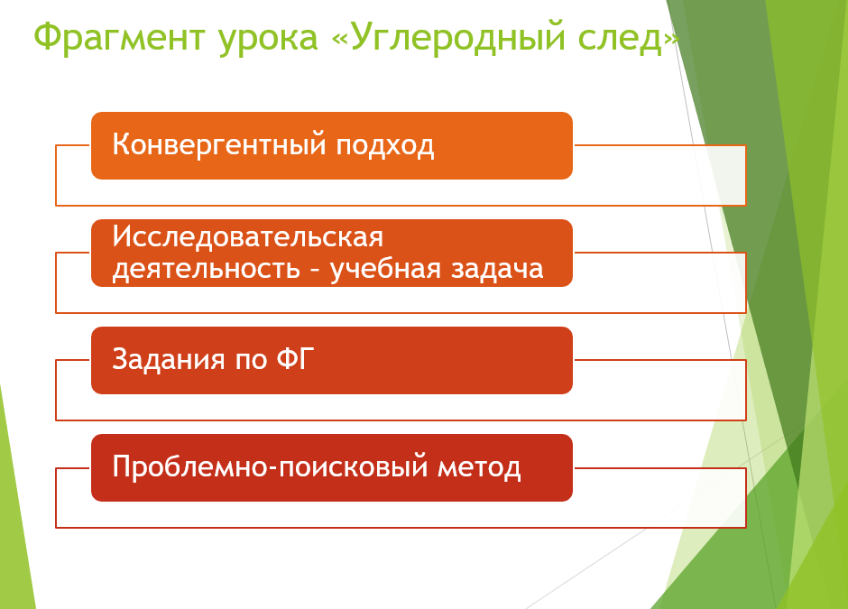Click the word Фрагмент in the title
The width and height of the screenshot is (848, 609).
118,38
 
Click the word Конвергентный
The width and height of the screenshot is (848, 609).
219,145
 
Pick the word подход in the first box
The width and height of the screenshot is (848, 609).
384,146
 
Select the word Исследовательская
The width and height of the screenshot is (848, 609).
248,237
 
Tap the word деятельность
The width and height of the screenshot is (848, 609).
206,269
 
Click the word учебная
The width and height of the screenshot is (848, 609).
385,268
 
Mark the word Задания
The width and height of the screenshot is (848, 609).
168,360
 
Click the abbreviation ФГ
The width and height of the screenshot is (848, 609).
295,358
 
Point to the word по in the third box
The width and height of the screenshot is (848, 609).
251,361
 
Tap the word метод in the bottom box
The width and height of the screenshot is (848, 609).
479,468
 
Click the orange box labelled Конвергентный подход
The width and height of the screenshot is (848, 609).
331,145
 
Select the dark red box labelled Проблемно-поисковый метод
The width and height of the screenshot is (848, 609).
331,467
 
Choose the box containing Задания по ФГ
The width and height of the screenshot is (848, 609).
331,360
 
